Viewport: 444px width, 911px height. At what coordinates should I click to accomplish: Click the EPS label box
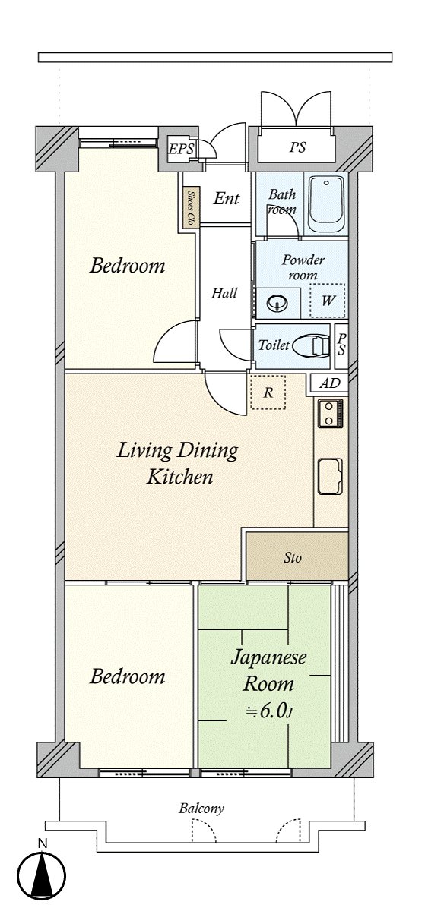tap(182, 149)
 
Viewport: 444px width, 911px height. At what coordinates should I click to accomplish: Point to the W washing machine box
tap(327, 301)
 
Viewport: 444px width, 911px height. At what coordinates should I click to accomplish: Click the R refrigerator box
tap(268, 392)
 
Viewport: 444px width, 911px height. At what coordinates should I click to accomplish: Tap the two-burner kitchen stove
tap(330, 414)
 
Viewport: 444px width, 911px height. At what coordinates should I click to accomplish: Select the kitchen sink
tap(330, 476)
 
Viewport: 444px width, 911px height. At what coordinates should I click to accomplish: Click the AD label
tap(329, 383)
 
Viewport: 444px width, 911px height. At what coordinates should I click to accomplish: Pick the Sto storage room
tap(297, 557)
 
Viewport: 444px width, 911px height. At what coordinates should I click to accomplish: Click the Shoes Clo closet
tap(190, 209)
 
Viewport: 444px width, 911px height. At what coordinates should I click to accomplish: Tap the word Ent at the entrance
tap(227, 198)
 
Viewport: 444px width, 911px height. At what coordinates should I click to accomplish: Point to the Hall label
tap(224, 293)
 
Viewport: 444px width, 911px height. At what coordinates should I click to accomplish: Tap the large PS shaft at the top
tap(298, 147)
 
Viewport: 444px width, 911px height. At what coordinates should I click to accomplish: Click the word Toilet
tap(274, 345)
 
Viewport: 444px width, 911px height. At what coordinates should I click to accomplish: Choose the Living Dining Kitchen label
tap(178, 464)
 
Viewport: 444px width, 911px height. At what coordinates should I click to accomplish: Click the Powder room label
tap(303, 267)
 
